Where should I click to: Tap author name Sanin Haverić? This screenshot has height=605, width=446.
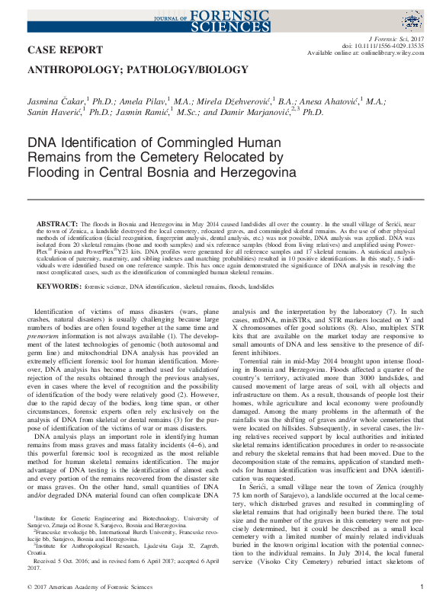point(50,112)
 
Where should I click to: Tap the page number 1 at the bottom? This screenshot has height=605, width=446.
point(422,587)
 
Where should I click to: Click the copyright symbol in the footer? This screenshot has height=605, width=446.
point(28,587)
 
